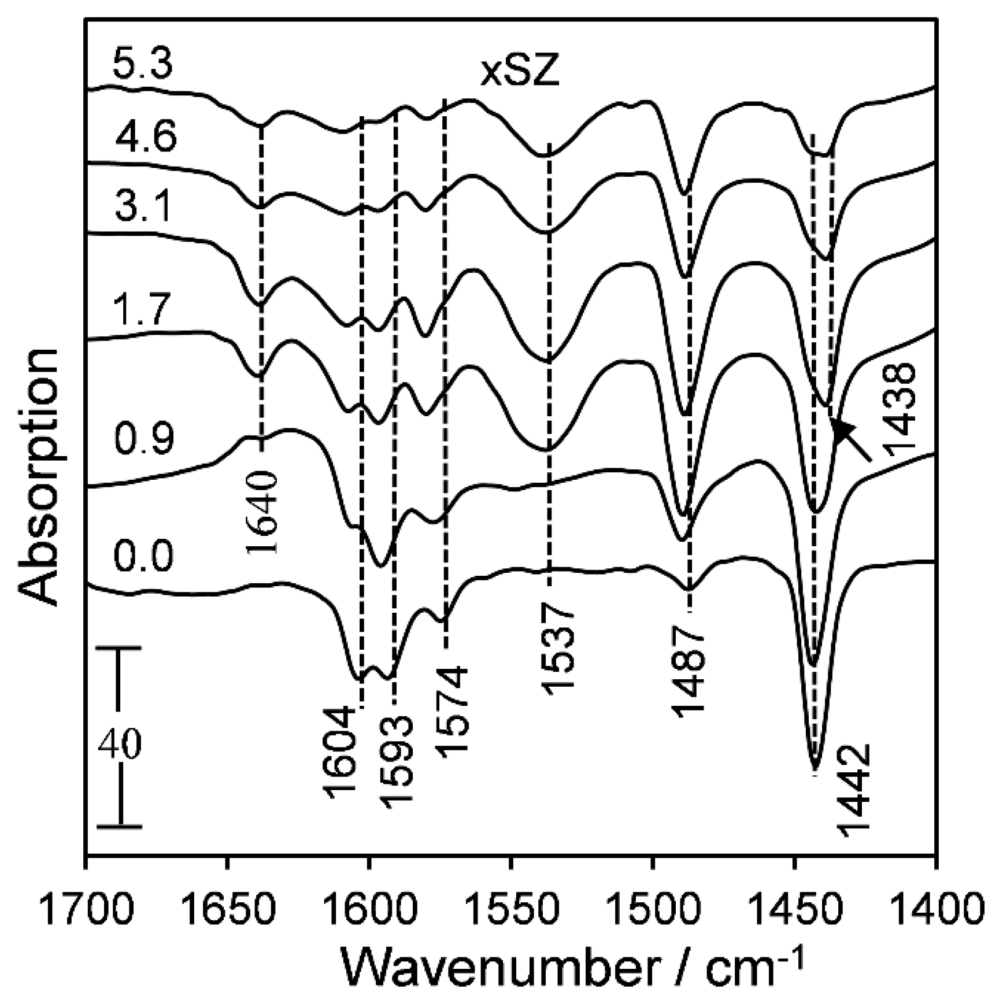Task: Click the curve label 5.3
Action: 142,64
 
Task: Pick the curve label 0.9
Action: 143,438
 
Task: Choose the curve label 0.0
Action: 143,556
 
